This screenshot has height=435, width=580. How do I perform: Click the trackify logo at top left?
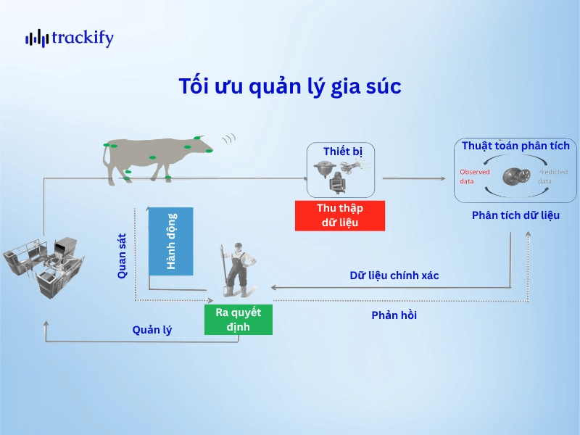coord(70,38)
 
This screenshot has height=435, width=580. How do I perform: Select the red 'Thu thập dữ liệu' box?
coord(339,215)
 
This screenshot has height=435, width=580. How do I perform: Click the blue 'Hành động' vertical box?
coord(171,240)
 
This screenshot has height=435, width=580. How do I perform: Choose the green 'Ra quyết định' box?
coord(239,320)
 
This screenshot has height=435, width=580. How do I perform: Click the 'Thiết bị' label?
coord(342,151)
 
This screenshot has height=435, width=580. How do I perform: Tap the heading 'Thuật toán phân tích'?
coord(515,146)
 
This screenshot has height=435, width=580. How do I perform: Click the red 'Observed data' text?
coord(475,176)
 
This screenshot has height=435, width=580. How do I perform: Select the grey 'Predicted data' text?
coord(554,176)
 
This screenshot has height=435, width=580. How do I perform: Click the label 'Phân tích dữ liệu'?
coord(515,215)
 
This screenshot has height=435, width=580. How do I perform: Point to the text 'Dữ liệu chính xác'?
coord(394,275)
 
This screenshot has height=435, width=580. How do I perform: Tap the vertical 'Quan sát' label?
coord(123,254)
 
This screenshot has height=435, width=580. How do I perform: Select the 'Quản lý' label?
coord(152,330)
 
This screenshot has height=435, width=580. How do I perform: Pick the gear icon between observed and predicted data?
coord(515,177)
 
